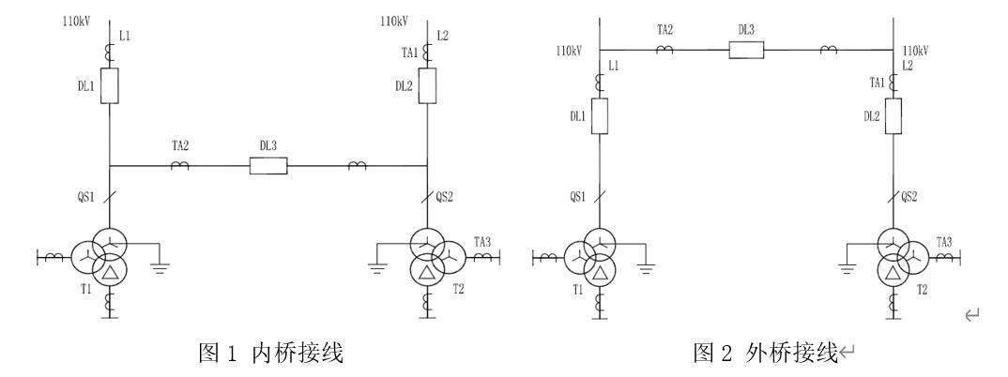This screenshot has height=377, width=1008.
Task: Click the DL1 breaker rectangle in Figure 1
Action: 110,87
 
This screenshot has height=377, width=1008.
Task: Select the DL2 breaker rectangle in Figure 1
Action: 428,87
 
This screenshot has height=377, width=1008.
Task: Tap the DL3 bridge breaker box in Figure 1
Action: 267,166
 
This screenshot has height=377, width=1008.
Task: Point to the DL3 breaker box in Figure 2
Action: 746,50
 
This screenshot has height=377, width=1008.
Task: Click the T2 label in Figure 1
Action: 457,290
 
